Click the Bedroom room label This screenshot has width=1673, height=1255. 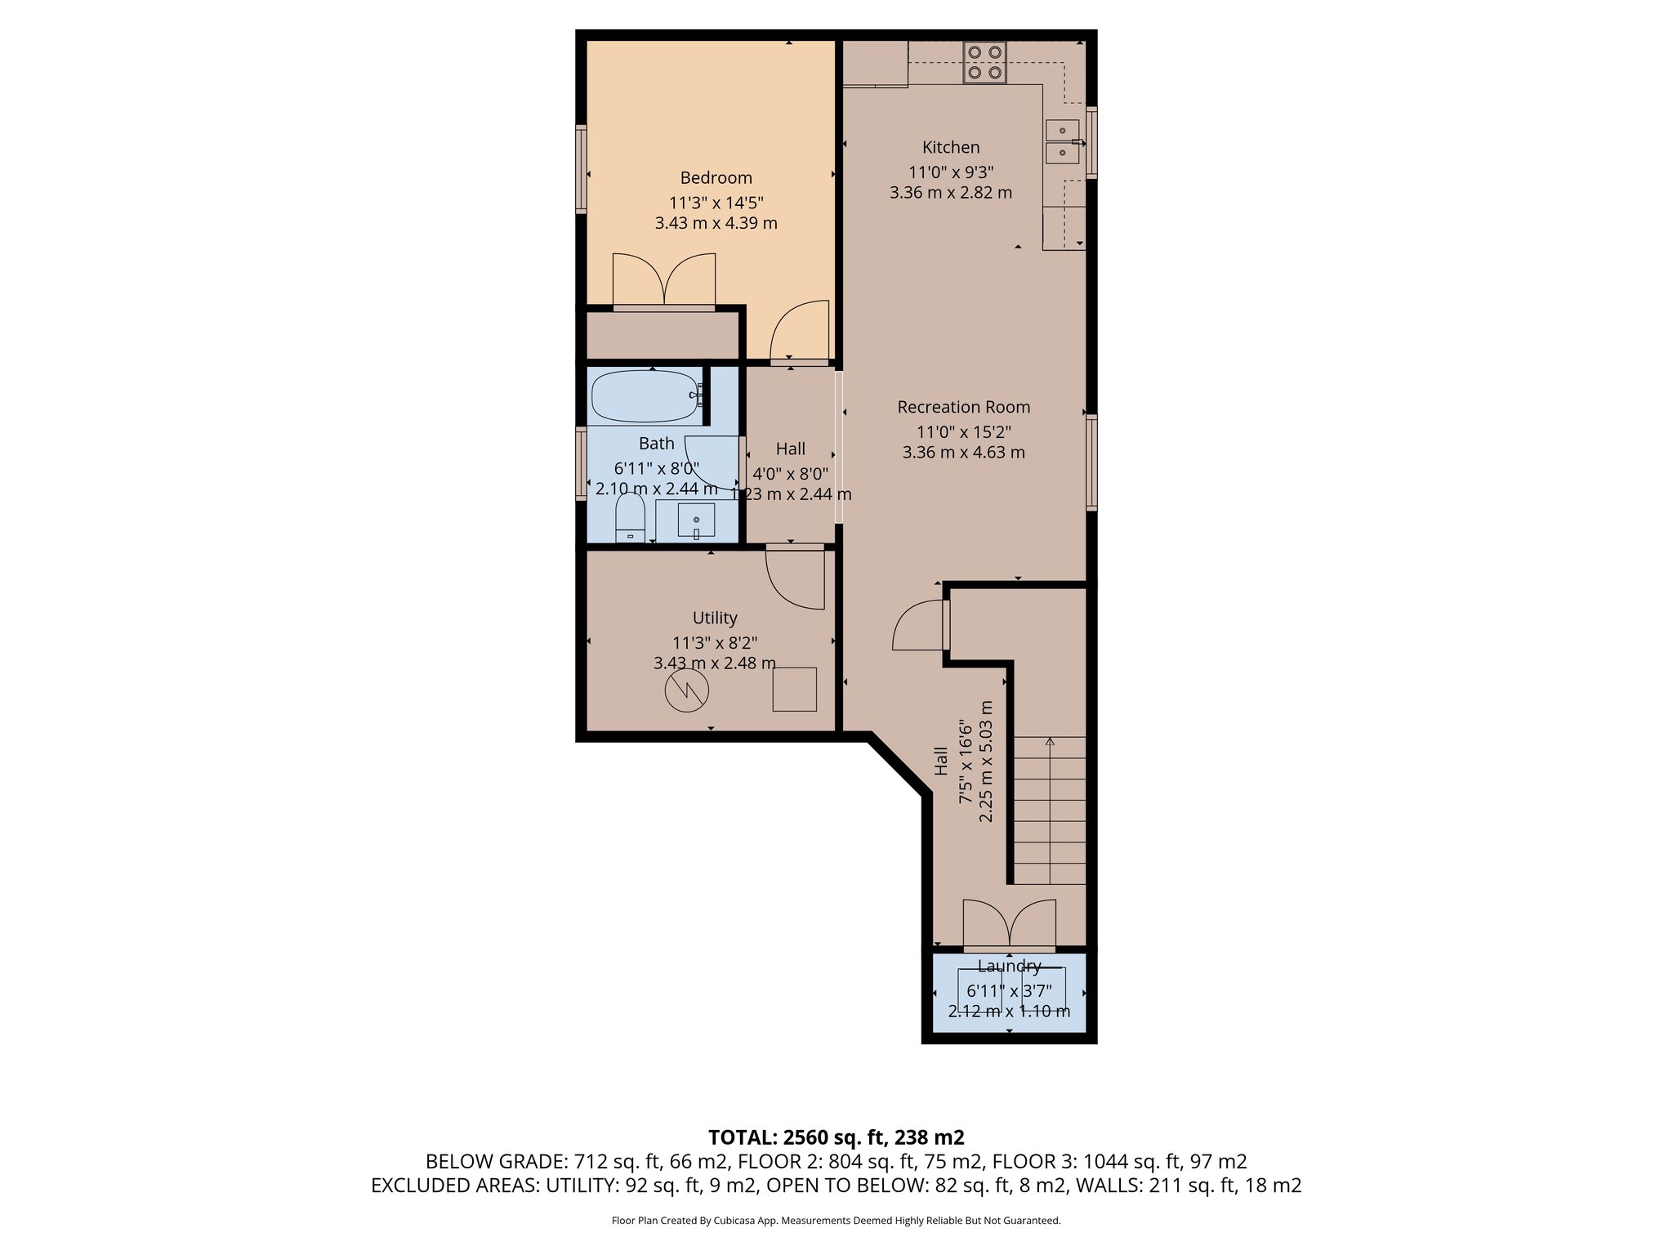click(x=716, y=177)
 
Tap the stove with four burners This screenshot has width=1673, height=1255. click(x=984, y=62)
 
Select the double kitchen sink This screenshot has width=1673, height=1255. click(x=1063, y=141)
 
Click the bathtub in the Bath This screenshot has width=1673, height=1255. click(x=645, y=396)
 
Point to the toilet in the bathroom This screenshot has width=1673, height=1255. click(x=630, y=519)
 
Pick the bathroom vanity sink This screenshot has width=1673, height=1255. click(x=696, y=520)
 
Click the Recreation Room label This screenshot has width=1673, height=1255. click(x=963, y=407)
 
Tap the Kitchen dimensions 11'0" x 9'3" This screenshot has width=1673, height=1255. click(x=951, y=172)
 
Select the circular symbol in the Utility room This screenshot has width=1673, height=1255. click(x=686, y=690)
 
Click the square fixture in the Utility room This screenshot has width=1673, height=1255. click(x=794, y=689)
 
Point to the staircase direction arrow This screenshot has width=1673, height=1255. click(x=1050, y=742)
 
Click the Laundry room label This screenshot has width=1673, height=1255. click(x=1009, y=966)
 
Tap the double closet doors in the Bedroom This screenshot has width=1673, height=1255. click(x=664, y=280)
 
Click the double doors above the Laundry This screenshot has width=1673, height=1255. click(x=1009, y=924)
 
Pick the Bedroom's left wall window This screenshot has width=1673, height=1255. click(x=581, y=169)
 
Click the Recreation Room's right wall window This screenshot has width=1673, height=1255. click(x=1091, y=462)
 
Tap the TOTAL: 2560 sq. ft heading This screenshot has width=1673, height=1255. click(x=836, y=1137)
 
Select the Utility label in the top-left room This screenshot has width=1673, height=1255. click(x=715, y=618)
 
